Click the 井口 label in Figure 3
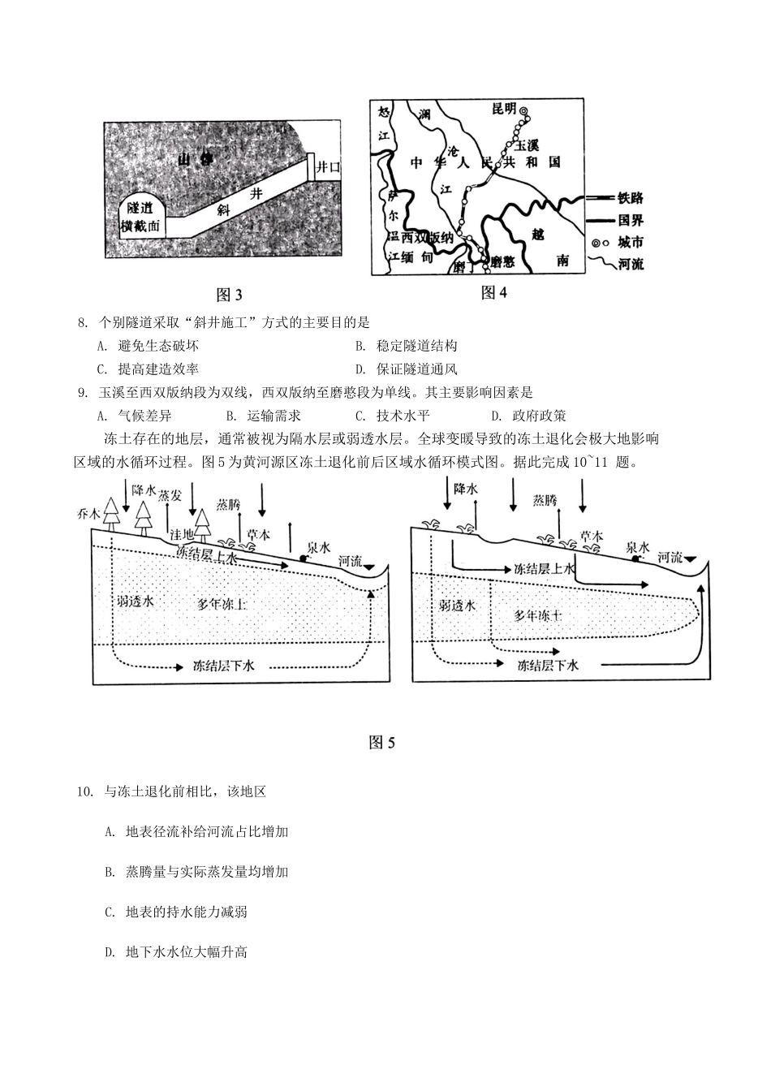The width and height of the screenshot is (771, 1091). pos(328,167)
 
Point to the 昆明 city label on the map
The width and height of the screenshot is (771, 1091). pos(503,110)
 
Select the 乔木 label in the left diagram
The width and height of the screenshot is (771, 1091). pos(87,514)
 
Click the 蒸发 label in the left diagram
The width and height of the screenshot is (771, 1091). pos(170,496)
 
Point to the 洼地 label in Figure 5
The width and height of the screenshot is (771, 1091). pos(181,534)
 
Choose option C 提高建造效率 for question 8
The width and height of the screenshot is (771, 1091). pos(157,369)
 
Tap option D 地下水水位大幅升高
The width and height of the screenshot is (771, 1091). pos(186,951)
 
